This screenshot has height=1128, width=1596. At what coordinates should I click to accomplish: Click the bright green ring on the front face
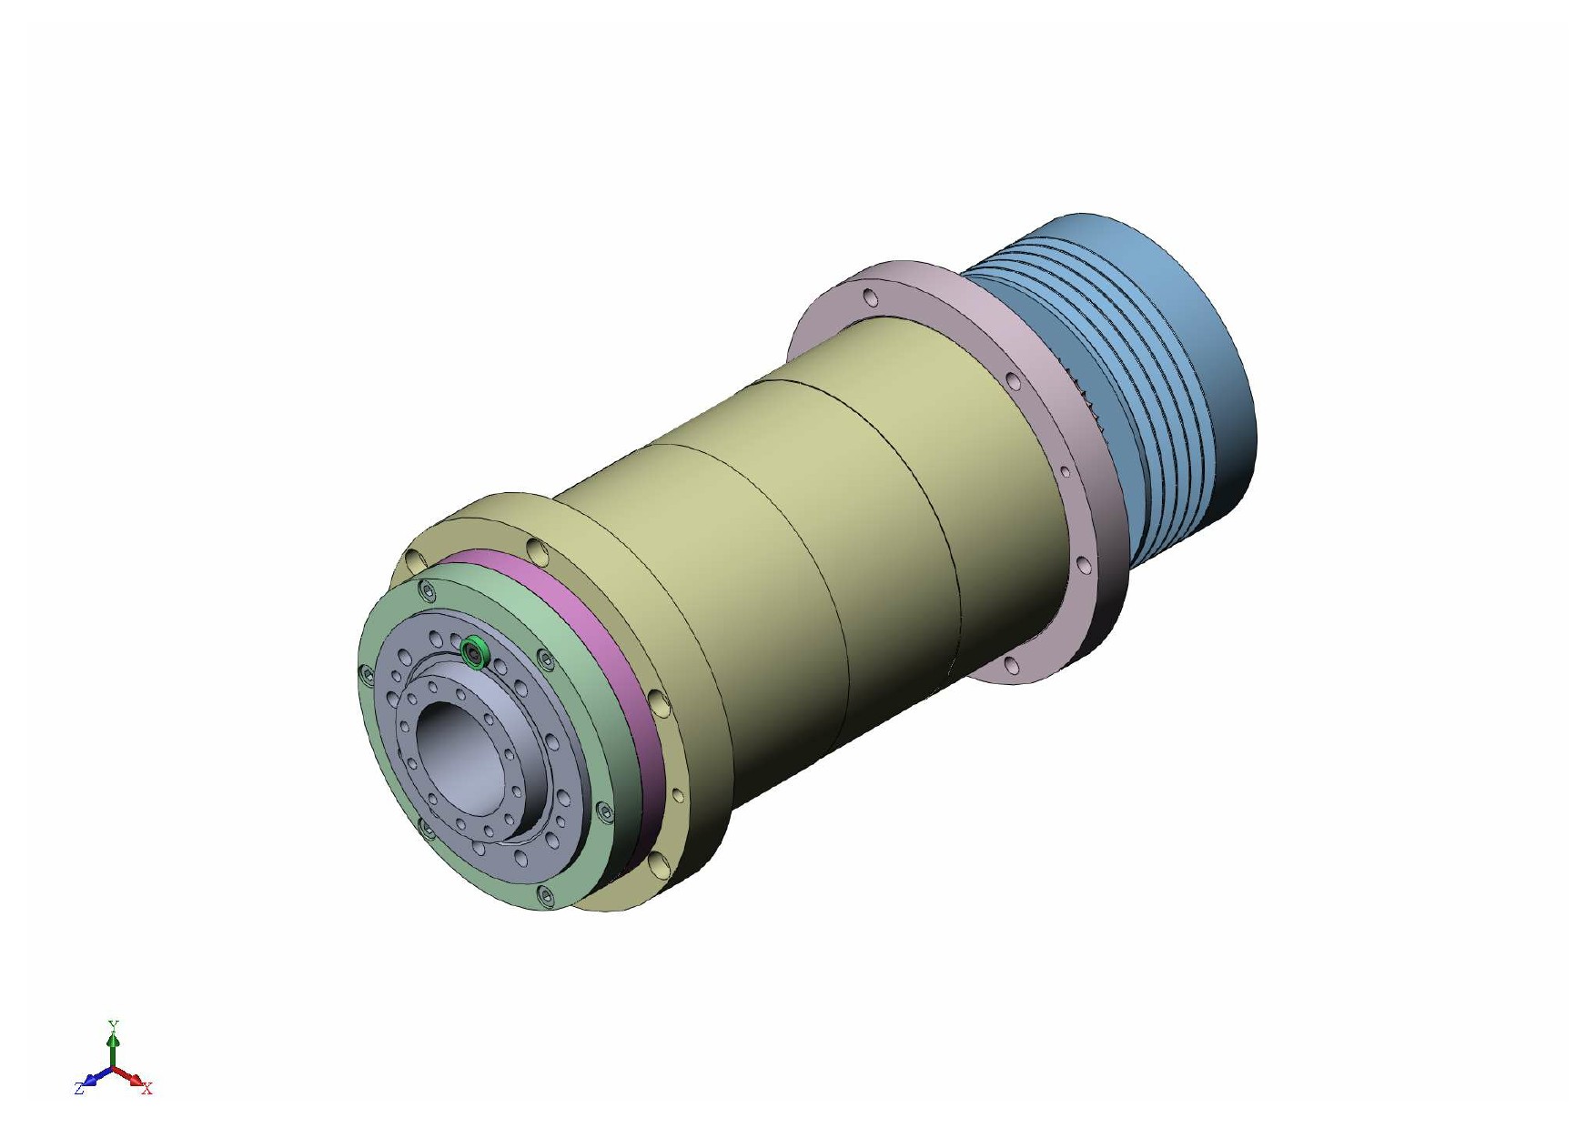click(x=474, y=651)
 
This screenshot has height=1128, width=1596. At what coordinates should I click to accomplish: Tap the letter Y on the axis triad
click(x=113, y=1025)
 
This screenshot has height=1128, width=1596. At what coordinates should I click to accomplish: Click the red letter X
click(x=147, y=1089)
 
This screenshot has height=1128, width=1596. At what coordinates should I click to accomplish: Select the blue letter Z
click(x=79, y=1088)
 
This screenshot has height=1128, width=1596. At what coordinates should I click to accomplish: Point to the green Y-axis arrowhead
click(x=113, y=1038)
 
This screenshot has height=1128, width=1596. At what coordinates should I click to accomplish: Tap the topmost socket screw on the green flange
click(x=427, y=593)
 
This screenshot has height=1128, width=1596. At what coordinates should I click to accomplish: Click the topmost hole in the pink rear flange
click(x=871, y=297)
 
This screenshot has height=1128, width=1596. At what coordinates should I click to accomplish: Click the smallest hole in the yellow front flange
click(x=676, y=795)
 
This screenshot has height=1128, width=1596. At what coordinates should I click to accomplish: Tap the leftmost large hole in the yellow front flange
click(x=417, y=558)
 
